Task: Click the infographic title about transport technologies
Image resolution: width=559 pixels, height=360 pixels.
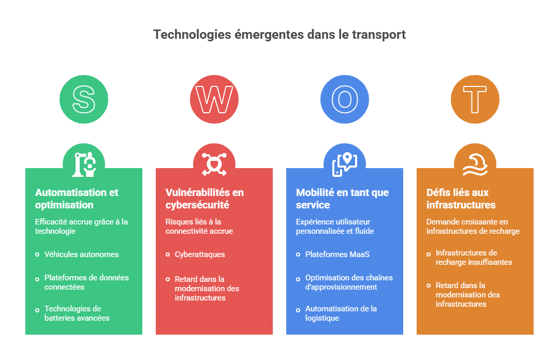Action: tap(279, 35)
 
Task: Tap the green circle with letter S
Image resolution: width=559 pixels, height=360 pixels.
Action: tap(84, 99)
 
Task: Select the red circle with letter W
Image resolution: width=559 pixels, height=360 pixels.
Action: tap(214, 99)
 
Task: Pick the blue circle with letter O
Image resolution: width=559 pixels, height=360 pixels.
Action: tap(345, 99)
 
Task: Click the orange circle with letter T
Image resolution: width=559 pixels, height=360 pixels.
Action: tap(475, 99)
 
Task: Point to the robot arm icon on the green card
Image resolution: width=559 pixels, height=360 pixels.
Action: tap(84, 164)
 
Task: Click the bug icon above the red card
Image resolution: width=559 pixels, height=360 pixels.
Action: tap(214, 164)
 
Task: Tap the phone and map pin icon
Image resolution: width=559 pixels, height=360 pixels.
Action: tap(345, 164)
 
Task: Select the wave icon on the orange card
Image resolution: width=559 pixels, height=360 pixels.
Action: tap(475, 164)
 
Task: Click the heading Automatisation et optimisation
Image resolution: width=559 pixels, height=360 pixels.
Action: tap(77, 199)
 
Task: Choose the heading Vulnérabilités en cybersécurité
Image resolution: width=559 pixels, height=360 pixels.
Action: tap(204, 199)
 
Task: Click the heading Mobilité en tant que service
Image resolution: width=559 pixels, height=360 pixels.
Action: tap(342, 199)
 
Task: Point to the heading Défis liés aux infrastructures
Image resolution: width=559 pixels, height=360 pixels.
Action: tap(461, 199)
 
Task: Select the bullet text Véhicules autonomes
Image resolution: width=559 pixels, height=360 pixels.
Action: tap(82, 254)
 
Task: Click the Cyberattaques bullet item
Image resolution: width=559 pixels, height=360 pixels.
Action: tap(200, 254)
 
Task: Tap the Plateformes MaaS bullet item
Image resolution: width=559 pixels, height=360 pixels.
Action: tap(337, 254)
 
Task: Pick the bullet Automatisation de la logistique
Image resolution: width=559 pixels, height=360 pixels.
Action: tap(341, 313)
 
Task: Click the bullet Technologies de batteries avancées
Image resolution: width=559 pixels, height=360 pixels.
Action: tap(77, 313)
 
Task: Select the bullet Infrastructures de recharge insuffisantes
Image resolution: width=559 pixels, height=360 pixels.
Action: tap(474, 258)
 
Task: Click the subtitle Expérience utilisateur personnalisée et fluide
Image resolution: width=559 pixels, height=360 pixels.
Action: tap(335, 227)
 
